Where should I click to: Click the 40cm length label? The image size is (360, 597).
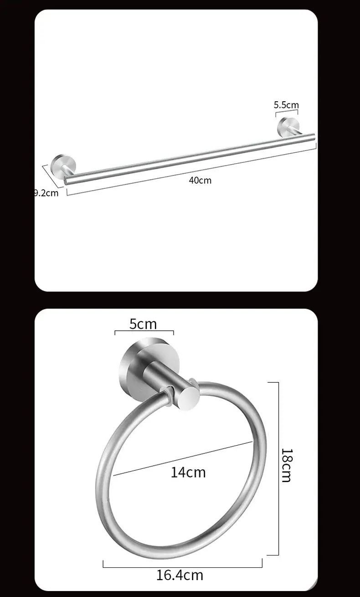(200, 181)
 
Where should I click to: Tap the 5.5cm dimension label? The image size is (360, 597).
(286, 105)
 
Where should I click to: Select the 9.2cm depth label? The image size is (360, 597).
(46, 193)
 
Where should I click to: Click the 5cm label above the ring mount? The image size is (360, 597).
(143, 324)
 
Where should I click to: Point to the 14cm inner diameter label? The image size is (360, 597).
(188, 472)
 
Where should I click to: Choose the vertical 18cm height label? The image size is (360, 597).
(287, 465)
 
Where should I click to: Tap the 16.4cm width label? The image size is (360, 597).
(180, 575)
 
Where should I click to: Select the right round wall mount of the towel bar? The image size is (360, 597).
(288, 127)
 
